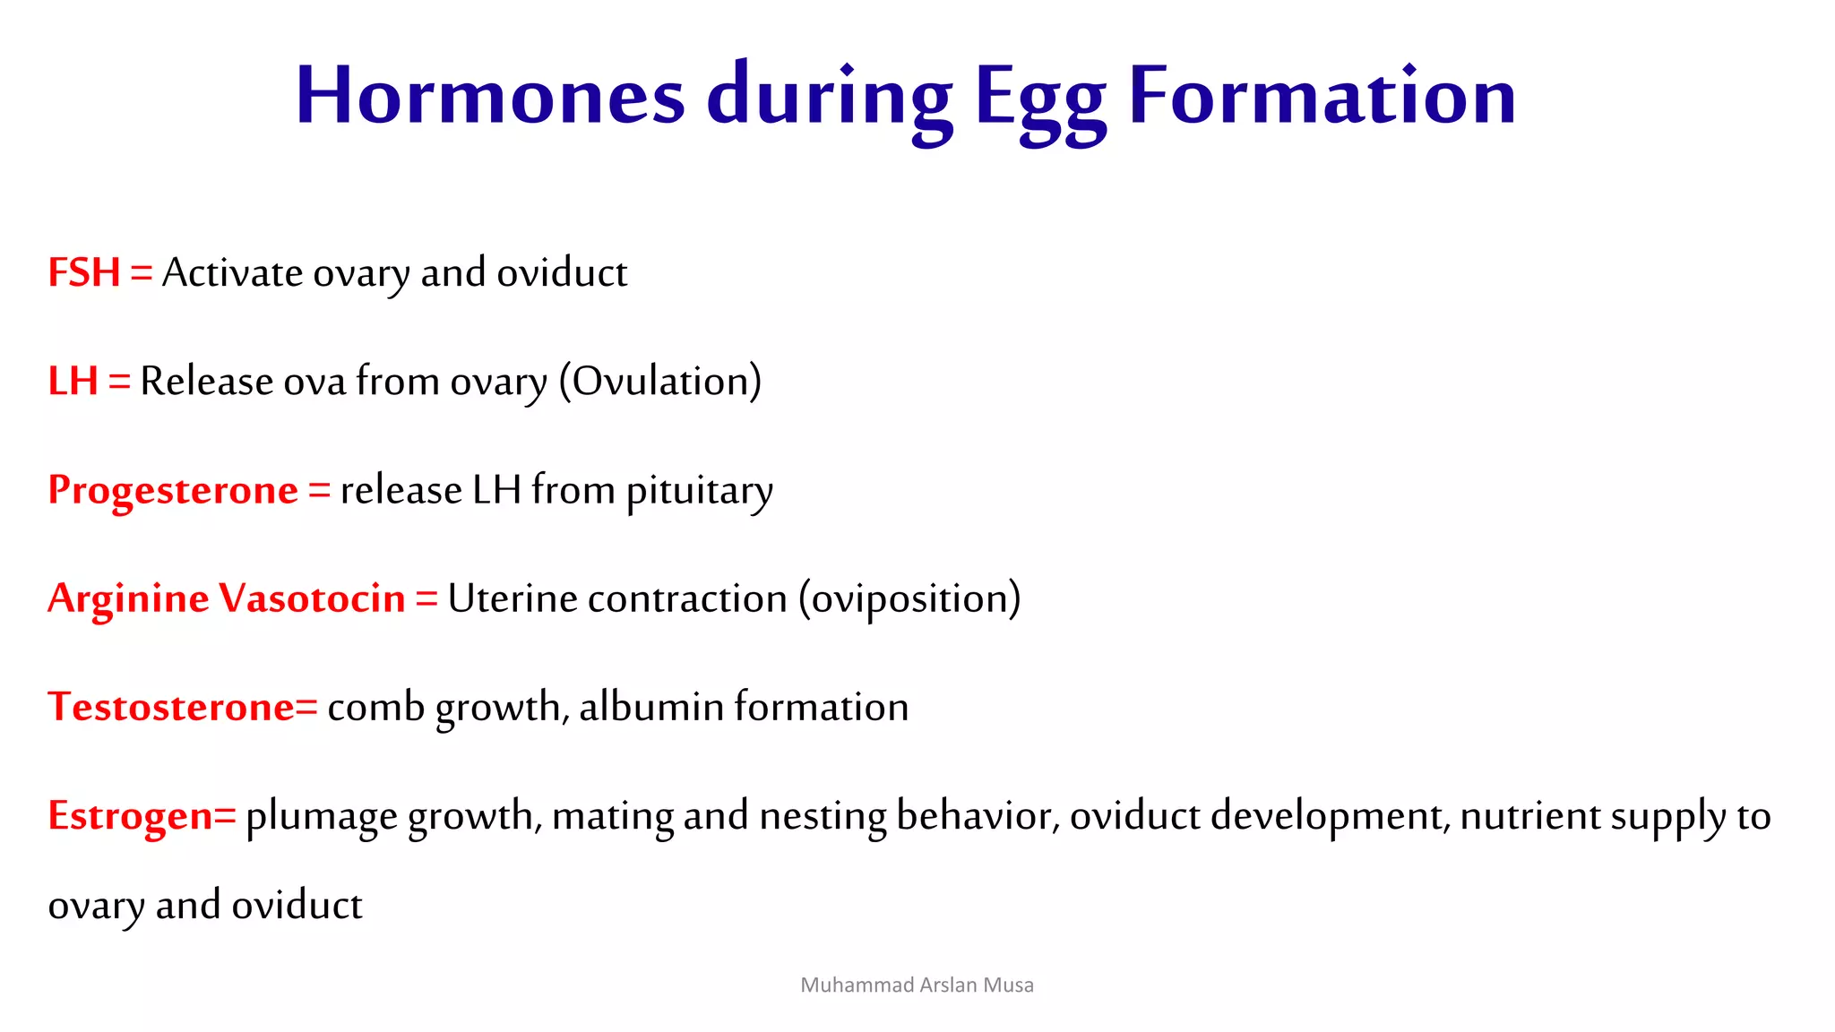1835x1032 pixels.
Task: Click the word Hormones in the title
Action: pos(490,96)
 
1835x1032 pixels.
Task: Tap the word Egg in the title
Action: pos(1040,99)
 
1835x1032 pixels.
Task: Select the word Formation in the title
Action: pos(1322,96)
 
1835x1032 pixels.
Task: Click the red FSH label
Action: pos(84,272)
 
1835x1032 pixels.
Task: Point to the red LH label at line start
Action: pos(73,381)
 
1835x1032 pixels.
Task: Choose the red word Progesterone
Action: pos(173,490)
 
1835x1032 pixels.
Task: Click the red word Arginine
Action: pos(128,599)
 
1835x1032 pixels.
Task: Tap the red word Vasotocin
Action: pos(313,598)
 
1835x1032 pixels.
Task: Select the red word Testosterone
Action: pos(170,707)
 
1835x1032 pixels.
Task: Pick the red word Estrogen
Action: pos(130,816)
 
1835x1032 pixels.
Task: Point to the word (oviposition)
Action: pos(909,599)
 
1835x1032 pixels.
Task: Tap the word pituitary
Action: pos(699,492)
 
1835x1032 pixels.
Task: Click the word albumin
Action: pos(651,707)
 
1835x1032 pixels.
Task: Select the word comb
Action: pos(375,707)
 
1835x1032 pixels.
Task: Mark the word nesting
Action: pos(823,817)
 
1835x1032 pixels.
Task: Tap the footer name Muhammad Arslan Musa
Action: pos(917,985)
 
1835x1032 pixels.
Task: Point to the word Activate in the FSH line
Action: pos(232,272)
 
